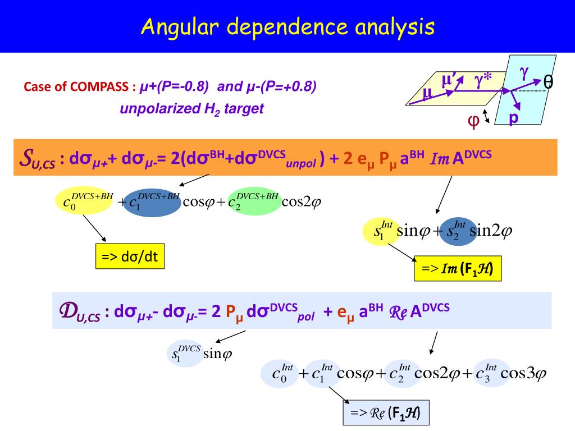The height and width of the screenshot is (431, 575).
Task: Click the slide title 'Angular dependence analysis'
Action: pos(287,26)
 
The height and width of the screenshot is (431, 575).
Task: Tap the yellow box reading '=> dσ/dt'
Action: pos(129,256)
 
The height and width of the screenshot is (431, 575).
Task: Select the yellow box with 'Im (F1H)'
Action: pos(457,269)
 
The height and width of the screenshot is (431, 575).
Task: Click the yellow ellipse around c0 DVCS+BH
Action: pos(85,200)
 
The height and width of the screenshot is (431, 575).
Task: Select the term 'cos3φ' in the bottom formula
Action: pos(523,373)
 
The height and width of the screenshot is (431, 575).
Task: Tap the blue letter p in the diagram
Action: pos(513,118)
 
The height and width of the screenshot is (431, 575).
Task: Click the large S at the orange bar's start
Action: pos(26,157)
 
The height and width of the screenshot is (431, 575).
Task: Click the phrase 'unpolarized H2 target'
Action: pos(191,108)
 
